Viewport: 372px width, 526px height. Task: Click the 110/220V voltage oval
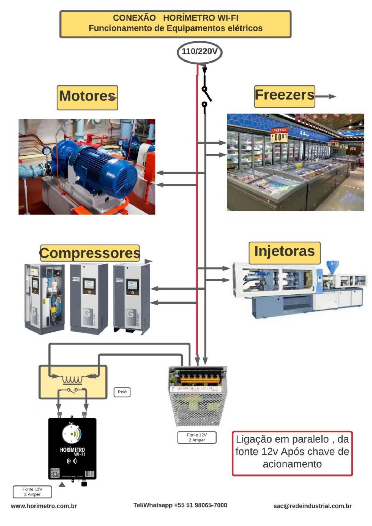coord(199,52)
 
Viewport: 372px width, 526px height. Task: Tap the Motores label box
coord(87,97)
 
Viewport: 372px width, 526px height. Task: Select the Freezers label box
coord(284,96)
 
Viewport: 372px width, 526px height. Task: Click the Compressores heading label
coord(90,253)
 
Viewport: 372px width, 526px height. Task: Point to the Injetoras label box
coord(284,252)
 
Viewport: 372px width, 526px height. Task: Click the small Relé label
coord(122,392)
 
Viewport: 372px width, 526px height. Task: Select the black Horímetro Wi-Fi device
coord(72,449)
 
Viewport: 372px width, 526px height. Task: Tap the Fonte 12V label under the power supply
coord(197,438)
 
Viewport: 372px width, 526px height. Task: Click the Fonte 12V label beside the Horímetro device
coord(32,492)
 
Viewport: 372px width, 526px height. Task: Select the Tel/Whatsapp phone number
coord(180,505)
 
